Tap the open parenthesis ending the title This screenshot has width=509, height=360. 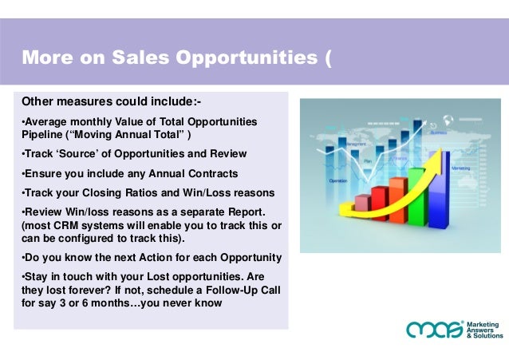click(327, 57)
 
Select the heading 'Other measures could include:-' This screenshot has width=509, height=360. click(111, 102)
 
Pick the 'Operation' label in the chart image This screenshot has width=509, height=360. click(338, 181)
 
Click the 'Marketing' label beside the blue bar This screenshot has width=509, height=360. click(460, 168)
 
